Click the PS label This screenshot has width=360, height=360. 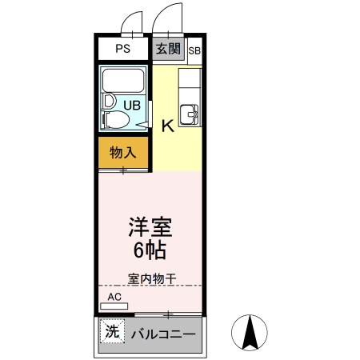(x=122, y=49)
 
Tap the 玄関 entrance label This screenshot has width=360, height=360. (x=168, y=49)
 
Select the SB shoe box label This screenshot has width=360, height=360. (x=194, y=52)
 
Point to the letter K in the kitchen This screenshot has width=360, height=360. (x=168, y=126)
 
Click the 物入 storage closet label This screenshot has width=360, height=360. (x=123, y=152)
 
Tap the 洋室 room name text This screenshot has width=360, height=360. (x=150, y=226)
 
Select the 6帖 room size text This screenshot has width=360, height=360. (x=150, y=250)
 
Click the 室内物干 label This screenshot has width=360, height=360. (x=151, y=278)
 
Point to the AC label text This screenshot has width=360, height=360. (x=114, y=297)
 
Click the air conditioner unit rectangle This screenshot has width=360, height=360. (x=114, y=306)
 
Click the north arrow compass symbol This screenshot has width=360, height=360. (x=250, y=333)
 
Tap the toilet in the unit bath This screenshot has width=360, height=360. (x=117, y=121)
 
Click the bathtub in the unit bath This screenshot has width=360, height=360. (x=122, y=81)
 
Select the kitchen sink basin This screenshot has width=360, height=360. (x=190, y=114)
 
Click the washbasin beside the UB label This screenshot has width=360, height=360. (x=109, y=102)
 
